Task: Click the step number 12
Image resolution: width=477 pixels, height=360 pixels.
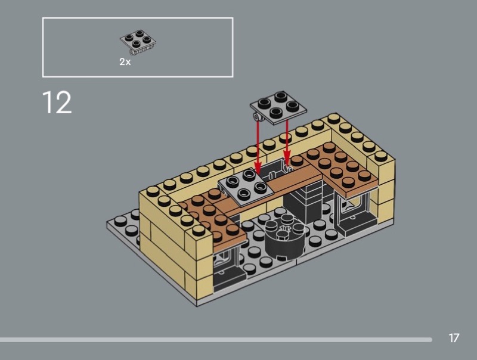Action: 57,102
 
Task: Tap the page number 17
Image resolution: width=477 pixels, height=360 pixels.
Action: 454,338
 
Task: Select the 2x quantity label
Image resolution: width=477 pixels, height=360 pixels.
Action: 125,62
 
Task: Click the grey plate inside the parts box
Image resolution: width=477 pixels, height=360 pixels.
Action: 138,42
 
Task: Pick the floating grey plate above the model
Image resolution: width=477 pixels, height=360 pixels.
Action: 278,107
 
